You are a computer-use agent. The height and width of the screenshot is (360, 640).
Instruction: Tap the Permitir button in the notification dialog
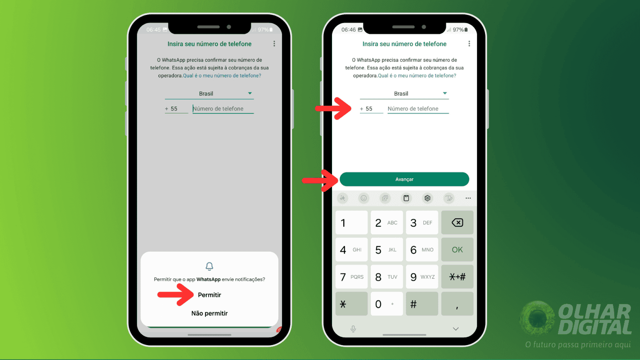tap(209, 295)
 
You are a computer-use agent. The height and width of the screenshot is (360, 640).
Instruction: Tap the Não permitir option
tap(209, 313)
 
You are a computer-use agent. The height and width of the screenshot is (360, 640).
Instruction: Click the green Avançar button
tap(404, 179)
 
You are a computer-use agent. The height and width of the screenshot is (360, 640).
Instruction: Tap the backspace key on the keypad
tap(457, 222)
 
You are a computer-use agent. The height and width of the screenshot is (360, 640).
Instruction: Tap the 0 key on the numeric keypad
tap(386, 304)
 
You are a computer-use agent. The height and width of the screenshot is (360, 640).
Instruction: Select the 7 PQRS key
tap(351, 277)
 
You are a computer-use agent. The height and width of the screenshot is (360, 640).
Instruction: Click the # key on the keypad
tap(422, 304)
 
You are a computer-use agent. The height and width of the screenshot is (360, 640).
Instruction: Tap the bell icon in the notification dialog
tap(209, 266)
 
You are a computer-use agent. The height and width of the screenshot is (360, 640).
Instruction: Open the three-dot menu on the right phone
tap(469, 44)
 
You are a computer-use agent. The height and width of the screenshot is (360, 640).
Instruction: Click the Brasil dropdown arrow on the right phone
tap(445, 93)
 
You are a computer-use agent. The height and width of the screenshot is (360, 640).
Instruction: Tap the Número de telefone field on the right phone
tap(417, 109)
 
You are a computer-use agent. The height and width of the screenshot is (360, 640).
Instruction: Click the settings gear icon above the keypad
tap(427, 198)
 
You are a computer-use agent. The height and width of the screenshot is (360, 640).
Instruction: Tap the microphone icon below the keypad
tap(353, 329)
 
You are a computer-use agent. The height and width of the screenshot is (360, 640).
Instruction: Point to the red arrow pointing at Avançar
tap(321, 180)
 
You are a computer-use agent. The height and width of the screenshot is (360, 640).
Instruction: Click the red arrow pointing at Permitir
tap(176, 295)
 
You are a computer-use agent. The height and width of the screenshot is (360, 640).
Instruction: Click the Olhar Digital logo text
tap(594, 320)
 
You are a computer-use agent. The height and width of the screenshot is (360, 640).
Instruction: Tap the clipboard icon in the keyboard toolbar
tap(406, 198)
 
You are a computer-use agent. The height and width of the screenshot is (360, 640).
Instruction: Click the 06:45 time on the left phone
tap(153, 30)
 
